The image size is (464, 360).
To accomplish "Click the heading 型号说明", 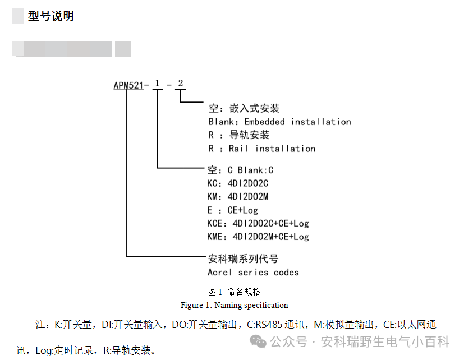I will (x=50, y=16).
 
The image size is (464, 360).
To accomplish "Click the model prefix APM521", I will (x=128, y=86).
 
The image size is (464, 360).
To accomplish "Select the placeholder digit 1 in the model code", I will (x=158, y=84).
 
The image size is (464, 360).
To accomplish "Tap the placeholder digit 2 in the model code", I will (x=180, y=84).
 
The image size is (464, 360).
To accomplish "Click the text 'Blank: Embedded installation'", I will (x=279, y=122).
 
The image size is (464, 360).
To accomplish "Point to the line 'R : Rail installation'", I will (x=261, y=149).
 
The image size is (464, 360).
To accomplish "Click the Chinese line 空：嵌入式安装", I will (x=244, y=108).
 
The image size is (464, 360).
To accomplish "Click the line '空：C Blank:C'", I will (x=240, y=170).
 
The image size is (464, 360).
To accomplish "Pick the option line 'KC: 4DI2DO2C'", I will (x=237, y=183).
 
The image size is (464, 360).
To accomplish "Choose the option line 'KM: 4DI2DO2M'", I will (x=237, y=197).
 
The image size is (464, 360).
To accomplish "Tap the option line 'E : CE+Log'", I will (x=232, y=210).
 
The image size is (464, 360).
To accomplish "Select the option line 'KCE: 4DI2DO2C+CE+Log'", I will (x=258, y=224).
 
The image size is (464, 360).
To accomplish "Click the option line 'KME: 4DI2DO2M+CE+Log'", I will (x=258, y=237).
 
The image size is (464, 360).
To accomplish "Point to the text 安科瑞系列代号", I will (x=243, y=259).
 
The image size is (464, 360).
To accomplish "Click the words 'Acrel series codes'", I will (x=253, y=273).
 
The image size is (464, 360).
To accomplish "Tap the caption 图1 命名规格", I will (x=234, y=292).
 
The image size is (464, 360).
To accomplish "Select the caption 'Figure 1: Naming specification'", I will (x=234, y=305).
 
